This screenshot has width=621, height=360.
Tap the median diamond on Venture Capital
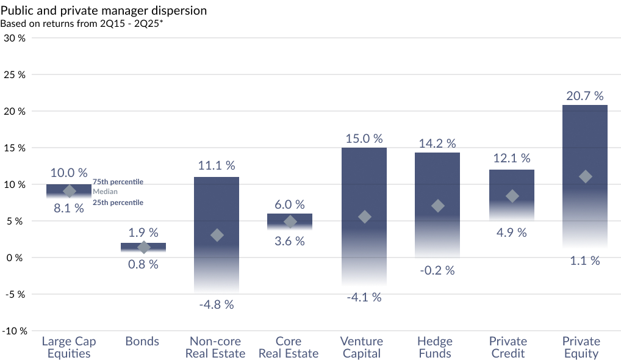coord(364,217)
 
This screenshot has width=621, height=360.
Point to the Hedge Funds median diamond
coord(437,206)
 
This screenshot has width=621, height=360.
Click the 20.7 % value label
coord(584,96)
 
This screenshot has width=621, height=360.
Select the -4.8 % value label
coord(217,304)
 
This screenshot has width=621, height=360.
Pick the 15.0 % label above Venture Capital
coord(364,139)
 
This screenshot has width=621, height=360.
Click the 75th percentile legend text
coord(118,182)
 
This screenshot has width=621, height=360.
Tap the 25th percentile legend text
coord(118,202)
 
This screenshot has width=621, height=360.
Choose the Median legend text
coord(105,192)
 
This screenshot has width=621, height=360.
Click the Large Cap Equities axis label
coord(69,347)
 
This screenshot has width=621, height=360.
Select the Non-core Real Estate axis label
coord(215,347)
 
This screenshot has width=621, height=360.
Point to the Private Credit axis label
coord(508,347)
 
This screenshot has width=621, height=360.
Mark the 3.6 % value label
coord(290,241)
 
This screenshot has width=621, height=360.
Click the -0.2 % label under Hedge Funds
coord(437,270)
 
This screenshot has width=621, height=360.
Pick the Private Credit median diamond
coord(512,196)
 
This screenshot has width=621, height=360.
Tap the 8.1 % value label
coord(69,208)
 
